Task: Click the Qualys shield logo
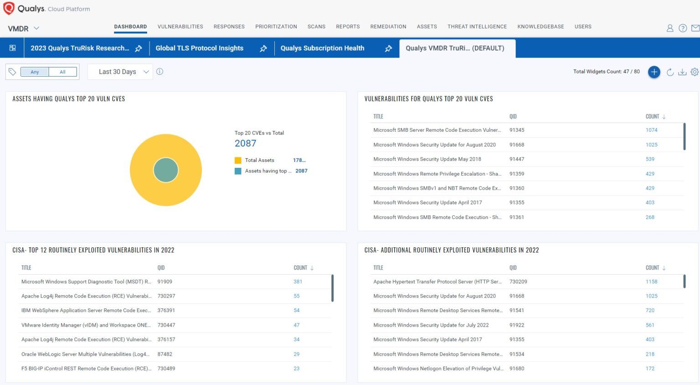click(9, 8)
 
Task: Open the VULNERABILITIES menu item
click(180, 26)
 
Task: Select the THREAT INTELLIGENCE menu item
click(477, 26)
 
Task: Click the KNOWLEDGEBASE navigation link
click(540, 26)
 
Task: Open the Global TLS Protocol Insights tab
click(199, 48)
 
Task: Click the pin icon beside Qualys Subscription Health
click(388, 48)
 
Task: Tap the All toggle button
click(62, 72)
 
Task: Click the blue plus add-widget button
click(654, 72)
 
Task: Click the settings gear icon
click(695, 72)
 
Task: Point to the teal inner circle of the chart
click(166, 170)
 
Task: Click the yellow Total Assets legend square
click(238, 160)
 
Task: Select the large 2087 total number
click(245, 143)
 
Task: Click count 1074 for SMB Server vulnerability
click(651, 130)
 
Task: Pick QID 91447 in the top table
click(516, 159)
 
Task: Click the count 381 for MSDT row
click(298, 281)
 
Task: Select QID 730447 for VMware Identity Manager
click(166, 325)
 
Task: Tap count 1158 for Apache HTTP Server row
click(651, 281)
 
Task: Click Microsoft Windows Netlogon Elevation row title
click(438, 369)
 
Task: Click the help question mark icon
click(682, 28)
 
